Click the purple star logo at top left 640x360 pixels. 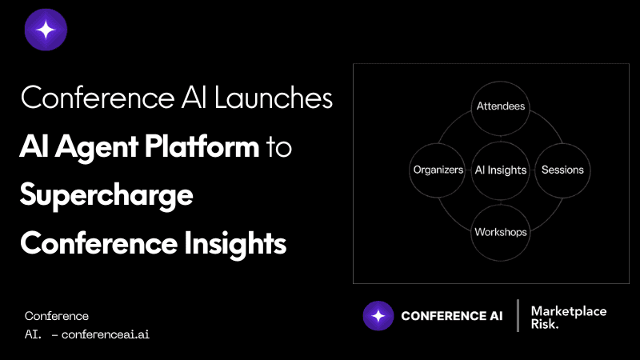(46, 30)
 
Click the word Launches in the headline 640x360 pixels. (274, 98)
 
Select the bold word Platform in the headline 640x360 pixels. (202, 146)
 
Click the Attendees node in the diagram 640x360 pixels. (501, 108)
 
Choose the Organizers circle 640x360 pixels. (438, 170)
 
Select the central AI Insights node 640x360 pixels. (501, 170)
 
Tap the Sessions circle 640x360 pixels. (562, 170)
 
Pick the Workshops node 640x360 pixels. (501, 232)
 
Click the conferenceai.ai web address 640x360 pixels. (106, 334)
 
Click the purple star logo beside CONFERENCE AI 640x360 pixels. (378, 315)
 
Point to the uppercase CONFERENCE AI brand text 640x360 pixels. (452, 315)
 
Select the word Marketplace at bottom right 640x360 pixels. (569, 311)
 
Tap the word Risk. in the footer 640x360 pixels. (545, 324)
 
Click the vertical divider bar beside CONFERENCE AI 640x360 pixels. (518, 315)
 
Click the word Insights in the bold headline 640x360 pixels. (234, 244)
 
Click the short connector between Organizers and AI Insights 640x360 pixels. (468, 170)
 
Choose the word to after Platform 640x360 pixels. (279, 147)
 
